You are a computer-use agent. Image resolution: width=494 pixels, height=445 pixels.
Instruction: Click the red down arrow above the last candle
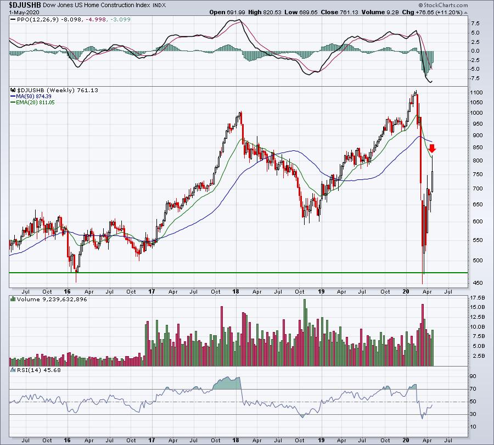433,148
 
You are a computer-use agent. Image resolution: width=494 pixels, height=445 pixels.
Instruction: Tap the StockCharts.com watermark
444,5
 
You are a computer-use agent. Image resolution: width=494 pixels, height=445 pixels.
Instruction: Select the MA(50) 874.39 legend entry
31,97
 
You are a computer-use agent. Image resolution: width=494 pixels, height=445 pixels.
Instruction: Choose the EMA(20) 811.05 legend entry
32,103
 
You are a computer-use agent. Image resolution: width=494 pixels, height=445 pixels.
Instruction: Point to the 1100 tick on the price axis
476,93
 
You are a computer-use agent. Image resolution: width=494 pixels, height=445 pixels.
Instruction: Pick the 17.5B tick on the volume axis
478,297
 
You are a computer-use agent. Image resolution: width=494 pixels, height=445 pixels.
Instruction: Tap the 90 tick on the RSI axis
473,376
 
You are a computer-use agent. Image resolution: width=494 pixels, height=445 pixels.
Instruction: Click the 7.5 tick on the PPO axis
475,23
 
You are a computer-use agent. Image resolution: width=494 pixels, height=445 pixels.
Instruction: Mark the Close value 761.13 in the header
339,12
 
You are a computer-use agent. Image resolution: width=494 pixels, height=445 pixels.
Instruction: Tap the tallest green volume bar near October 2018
305,333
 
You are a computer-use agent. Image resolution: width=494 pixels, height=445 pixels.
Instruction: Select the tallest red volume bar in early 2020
423,335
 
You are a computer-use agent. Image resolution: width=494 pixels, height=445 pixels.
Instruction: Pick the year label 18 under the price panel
236,291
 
